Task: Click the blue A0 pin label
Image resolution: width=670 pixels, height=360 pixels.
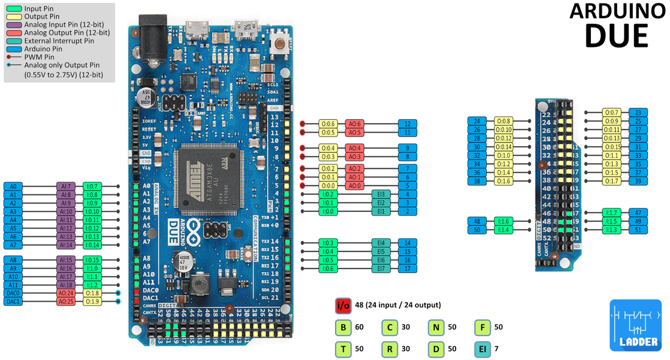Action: [x=13, y=186]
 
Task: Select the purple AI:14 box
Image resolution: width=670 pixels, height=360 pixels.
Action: [x=66, y=245]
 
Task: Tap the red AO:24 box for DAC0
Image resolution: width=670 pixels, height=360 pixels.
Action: [x=66, y=293]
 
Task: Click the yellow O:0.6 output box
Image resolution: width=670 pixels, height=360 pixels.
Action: [x=328, y=124]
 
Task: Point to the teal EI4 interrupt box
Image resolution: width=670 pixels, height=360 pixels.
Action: [x=381, y=242]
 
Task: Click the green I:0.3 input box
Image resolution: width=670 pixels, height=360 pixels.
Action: [x=328, y=242]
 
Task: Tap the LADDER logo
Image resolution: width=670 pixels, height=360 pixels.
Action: [x=635, y=325]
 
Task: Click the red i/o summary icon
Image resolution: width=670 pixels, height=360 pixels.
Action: [x=344, y=305]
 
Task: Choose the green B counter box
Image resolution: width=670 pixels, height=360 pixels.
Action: [x=344, y=327]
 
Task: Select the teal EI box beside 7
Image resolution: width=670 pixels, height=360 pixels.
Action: [x=483, y=349]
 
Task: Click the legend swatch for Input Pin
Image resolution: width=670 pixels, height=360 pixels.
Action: [x=15, y=8]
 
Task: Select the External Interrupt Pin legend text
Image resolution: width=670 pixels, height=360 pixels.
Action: [x=58, y=41]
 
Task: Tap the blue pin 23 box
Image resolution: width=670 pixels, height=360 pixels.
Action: [x=638, y=113]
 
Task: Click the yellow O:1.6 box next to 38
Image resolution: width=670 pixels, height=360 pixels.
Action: [x=503, y=182]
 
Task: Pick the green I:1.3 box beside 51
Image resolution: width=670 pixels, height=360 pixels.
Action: [x=611, y=230]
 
